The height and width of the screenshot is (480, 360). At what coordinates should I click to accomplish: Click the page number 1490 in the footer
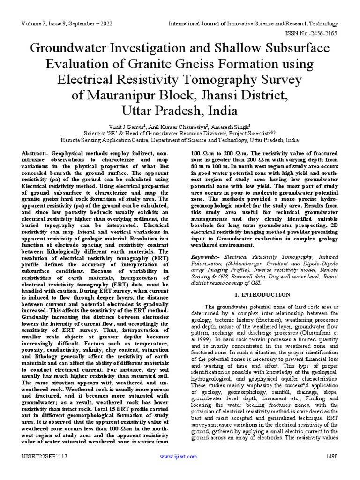click(330, 456)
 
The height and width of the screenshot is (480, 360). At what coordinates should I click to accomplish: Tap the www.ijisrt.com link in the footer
click(177, 456)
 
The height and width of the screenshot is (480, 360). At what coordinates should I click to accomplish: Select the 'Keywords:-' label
click(206, 257)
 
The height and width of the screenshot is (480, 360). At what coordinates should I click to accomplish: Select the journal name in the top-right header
click(253, 23)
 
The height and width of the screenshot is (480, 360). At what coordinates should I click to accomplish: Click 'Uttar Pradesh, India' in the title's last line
click(180, 112)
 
